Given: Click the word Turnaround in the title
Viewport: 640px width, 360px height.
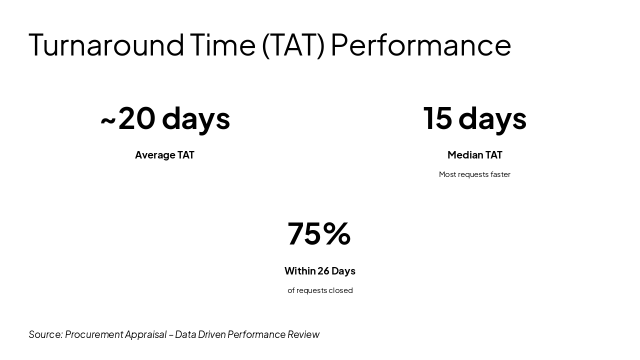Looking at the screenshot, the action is pyautogui.click(x=106, y=45).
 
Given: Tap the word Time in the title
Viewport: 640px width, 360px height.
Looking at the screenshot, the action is pyautogui.click(x=223, y=45).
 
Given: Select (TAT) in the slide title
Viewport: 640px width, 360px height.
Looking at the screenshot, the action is pyautogui.click(x=293, y=45).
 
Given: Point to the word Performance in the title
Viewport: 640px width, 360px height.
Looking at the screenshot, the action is pyautogui.click(x=421, y=45).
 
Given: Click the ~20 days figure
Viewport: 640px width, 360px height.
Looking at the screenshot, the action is pyautogui.click(x=165, y=119).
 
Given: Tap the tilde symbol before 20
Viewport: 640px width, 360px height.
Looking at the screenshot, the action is pyautogui.click(x=108, y=120).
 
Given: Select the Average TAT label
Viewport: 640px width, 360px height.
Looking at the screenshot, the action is pyautogui.click(x=164, y=155).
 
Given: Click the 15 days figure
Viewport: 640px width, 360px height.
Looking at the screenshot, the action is pyautogui.click(x=474, y=119).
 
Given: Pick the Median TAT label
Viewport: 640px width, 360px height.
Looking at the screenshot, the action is pyautogui.click(x=474, y=155).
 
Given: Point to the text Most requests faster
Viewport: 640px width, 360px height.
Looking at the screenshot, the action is pyautogui.click(x=474, y=174).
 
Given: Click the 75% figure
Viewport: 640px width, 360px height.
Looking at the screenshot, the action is pyautogui.click(x=319, y=233).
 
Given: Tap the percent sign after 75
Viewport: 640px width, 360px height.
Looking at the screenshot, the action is pyautogui.click(x=337, y=233).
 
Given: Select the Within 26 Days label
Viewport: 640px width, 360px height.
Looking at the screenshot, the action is pyautogui.click(x=320, y=271).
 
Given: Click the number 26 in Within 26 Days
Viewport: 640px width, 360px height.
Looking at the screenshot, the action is pyautogui.click(x=323, y=271).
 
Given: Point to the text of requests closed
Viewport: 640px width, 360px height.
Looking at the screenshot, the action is pyautogui.click(x=320, y=290).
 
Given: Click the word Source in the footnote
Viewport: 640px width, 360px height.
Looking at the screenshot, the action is pyautogui.click(x=45, y=334).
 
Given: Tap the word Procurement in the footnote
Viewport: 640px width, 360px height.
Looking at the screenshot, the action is pyautogui.click(x=94, y=334).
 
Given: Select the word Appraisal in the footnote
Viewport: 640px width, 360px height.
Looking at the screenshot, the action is pyautogui.click(x=145, y=335).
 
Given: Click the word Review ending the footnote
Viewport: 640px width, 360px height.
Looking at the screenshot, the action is pyautogui.click(x=303, y=334).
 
